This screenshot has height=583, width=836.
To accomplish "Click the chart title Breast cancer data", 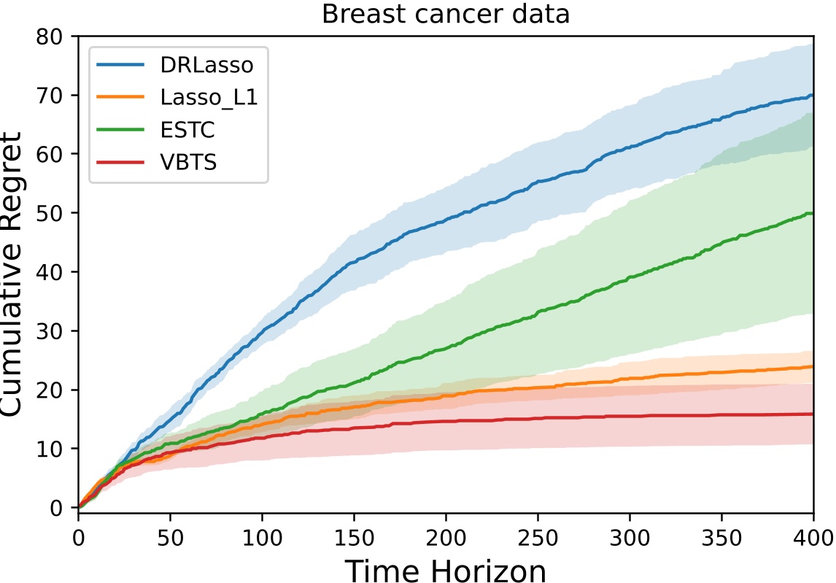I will (x=446, y=14).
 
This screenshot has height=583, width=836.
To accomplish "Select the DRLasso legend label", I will (x=207, y=65).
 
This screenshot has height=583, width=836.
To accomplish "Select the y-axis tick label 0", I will (x=61, y=508).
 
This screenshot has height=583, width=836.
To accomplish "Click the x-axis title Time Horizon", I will (x=446, y=571).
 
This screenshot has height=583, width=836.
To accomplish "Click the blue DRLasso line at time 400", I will (x=813, y=96).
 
